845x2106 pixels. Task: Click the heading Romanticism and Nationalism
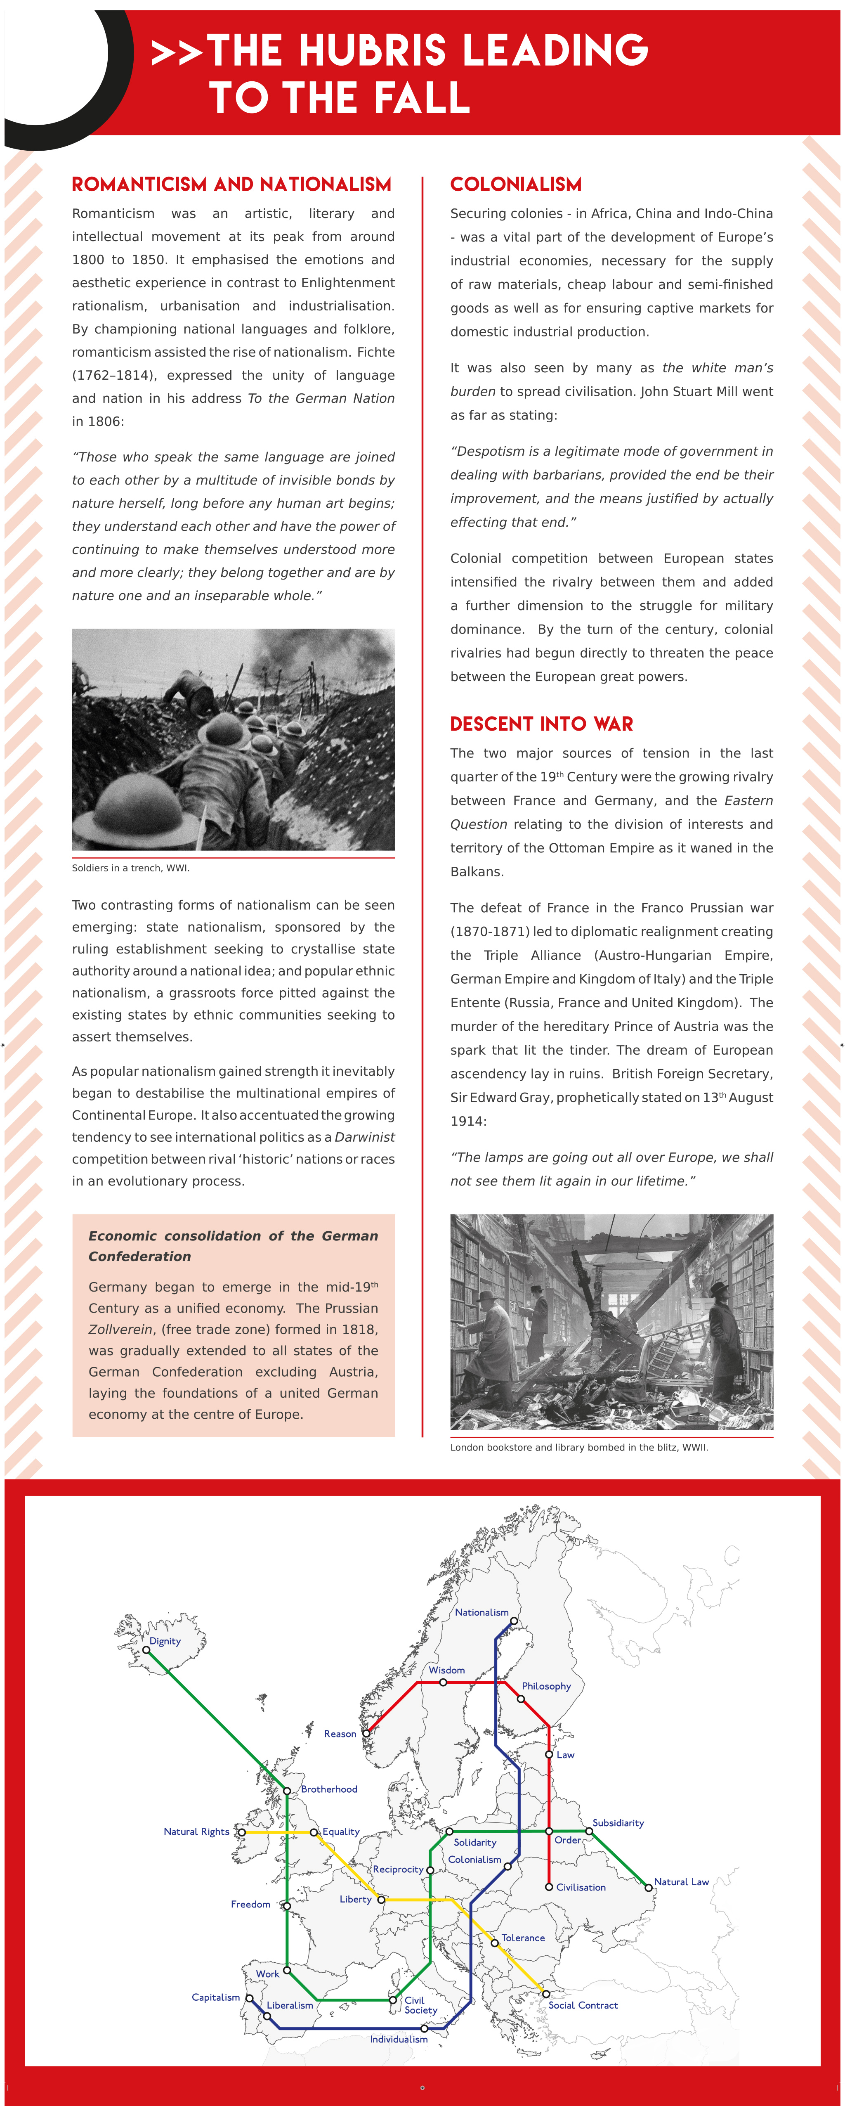231,185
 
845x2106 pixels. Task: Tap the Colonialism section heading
516,185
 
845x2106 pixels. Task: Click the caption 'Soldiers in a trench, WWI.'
131,868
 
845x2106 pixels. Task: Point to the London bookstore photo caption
578,1447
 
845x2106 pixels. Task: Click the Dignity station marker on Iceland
146,1650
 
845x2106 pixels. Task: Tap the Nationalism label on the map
482,1612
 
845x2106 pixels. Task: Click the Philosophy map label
546,1686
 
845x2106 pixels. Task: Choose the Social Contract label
583,2004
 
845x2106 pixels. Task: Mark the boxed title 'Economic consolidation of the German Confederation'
233,1246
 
